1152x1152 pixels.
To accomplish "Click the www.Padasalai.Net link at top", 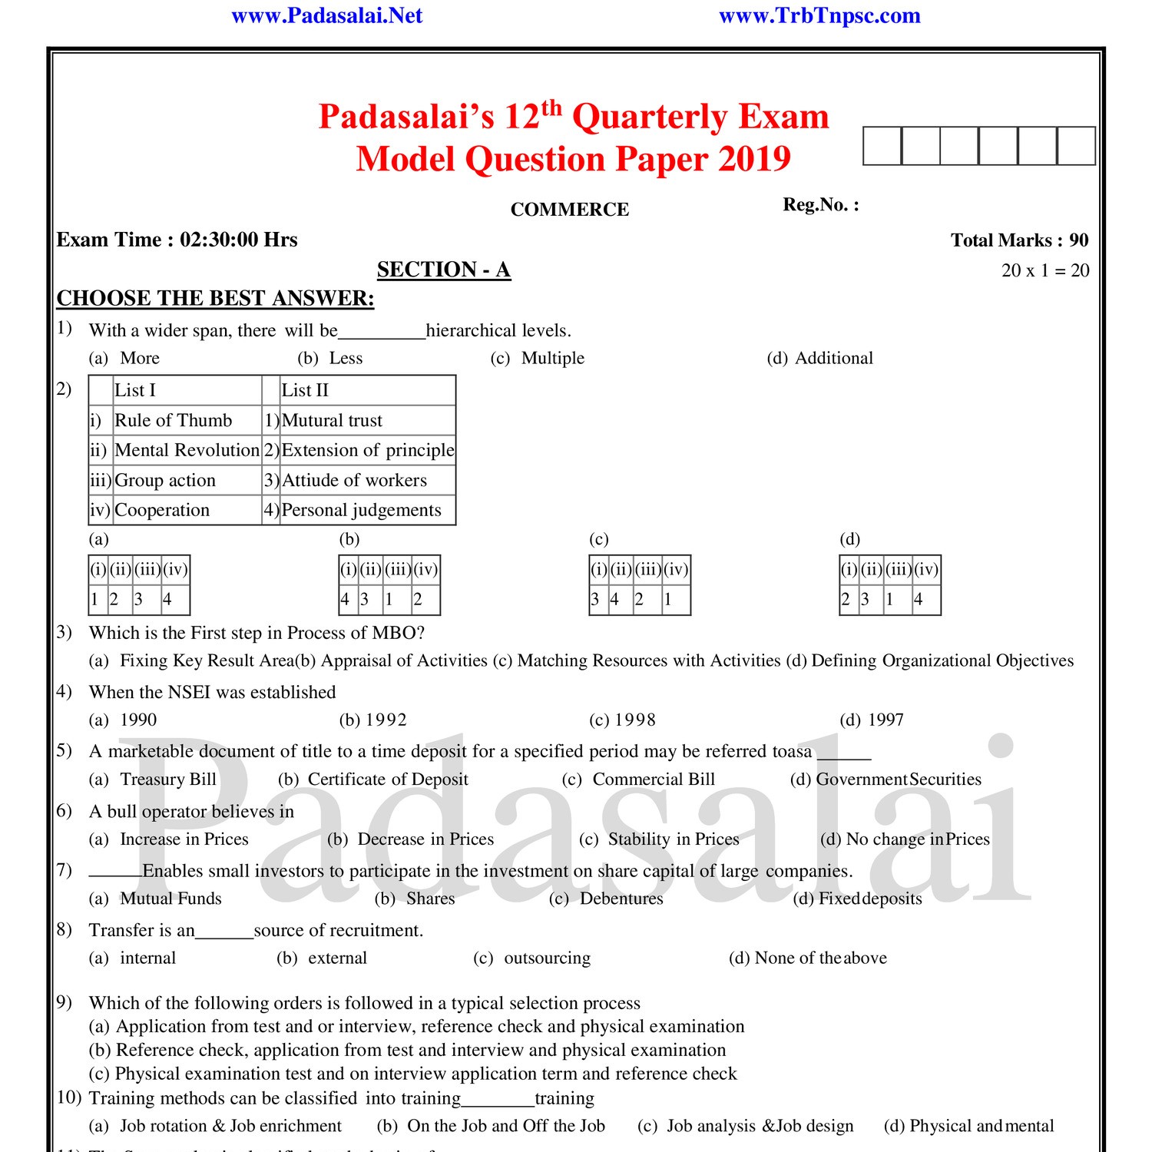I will [326, 15].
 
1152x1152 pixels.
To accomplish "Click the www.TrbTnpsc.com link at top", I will [819, 15].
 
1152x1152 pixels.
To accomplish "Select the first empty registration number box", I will [882, 146].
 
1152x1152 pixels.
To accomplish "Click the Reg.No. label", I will [820, 205].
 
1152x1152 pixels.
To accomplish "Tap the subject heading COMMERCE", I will [569, 210].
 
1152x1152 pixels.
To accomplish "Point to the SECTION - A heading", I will [443, 270].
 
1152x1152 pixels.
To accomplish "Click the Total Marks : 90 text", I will [1019, 240].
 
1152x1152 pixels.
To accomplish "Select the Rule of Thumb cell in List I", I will [174, 420].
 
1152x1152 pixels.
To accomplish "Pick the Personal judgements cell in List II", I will [361, 510].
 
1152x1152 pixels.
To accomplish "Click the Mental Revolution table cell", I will [187, 450].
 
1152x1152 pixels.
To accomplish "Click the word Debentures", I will [621, 899].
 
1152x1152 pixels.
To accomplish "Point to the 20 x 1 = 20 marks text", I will [1044, 270].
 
